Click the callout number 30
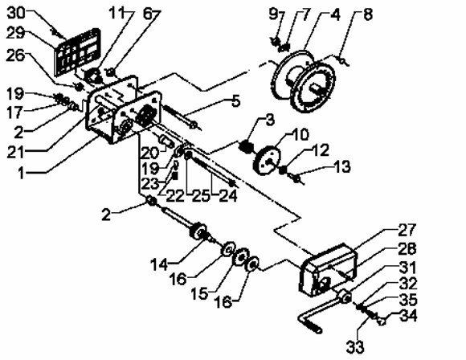[16, 14]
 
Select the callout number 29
[15, 33]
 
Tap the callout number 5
[235, 101]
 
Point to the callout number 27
[407, 230]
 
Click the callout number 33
[355, 347]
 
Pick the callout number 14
[159, 265]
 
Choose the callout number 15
[199, 294]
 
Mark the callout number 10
[300, 135]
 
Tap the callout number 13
[342, 167]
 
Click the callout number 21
[16, 153]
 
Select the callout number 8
[368, 14]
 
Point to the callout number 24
[228, 196]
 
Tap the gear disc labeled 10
[268, 160]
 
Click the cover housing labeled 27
[328, 270]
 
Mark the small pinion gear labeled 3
[246, 146]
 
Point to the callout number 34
[408, 316]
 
